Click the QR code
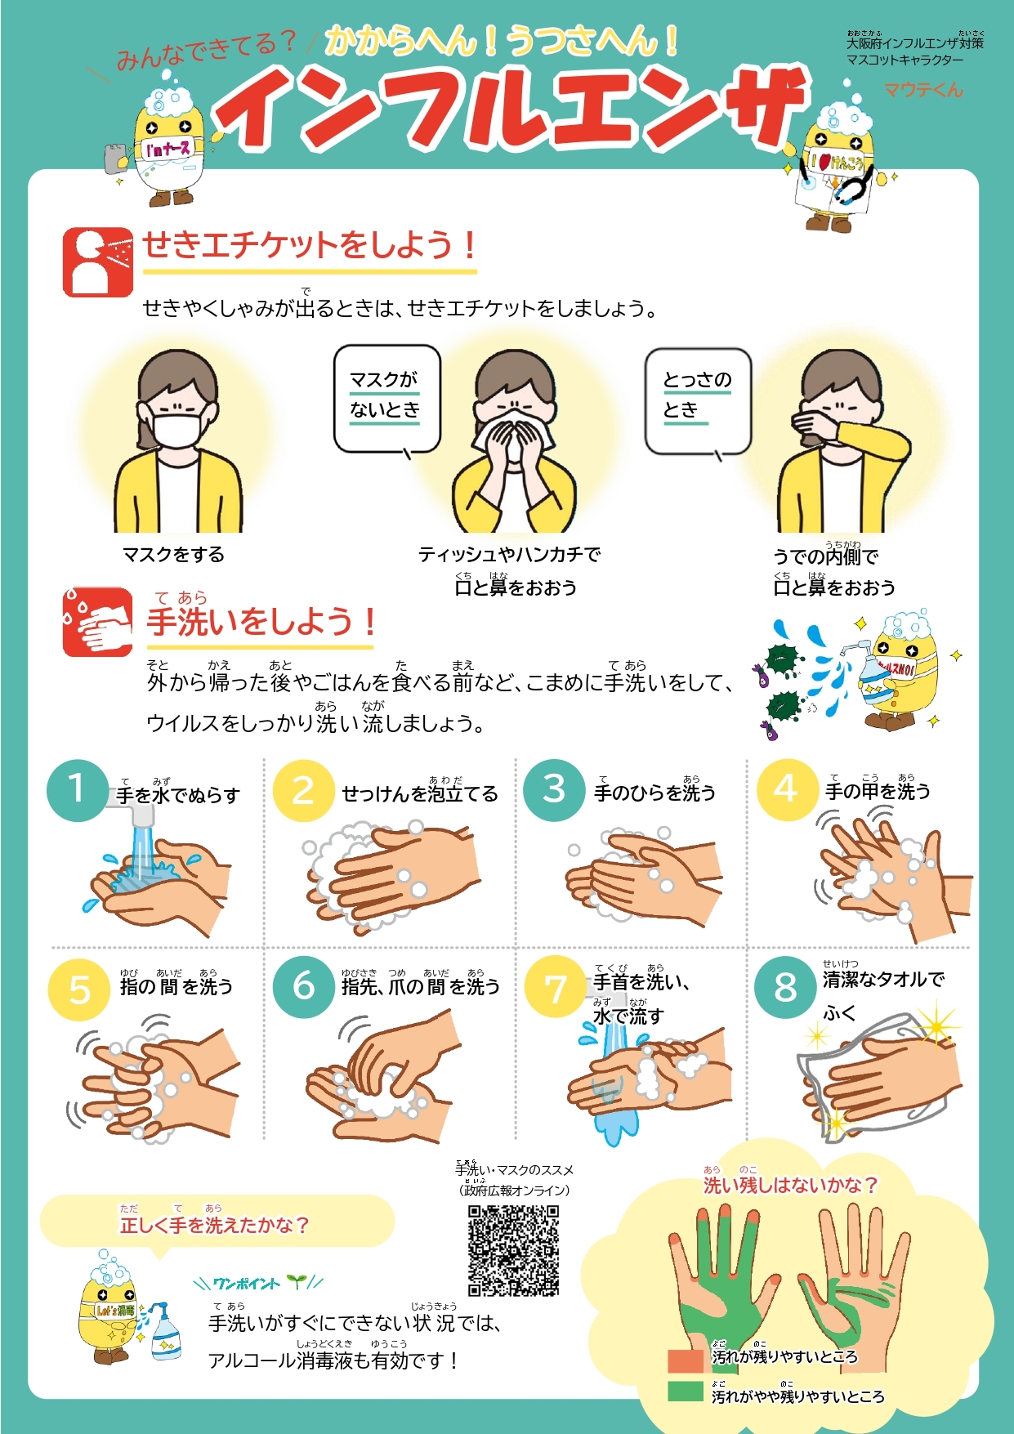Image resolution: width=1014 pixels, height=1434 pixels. pyautogui.click(x=513, y=1250)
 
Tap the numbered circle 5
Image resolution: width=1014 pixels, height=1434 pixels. pyautogui.click(x=79, y=990)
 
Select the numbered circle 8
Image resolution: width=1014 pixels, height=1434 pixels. pyautogui.click(x=784, y=987)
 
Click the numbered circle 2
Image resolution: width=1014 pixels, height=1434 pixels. pyautogui.click(x=303, y=790)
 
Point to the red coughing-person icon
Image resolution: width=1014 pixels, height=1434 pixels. pyautogui.click(x=97, y=262)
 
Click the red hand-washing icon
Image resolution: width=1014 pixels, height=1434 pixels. pyautogui.click(x=97, y=622)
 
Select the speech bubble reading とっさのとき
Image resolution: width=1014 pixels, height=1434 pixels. pyautogui.click(x=697, y=400)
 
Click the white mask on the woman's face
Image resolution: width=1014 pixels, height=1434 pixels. pyautogui.click(x=177, y=429)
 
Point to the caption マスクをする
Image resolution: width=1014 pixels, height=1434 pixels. pyautogui.click(x=173, y=555)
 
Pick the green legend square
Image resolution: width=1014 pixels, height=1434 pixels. pyautogui.click(x=685, y=1392)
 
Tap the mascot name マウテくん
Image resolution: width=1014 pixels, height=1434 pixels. pyautogui.click(x=923, y=90)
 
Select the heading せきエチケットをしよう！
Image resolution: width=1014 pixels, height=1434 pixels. pyautogui.click(x=310, y=245)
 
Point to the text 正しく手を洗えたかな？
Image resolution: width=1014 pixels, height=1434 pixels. pyautogui.click(x=214, y=1225)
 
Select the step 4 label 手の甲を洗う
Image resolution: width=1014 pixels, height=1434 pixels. pyautogui.click(x=878, y=791)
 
